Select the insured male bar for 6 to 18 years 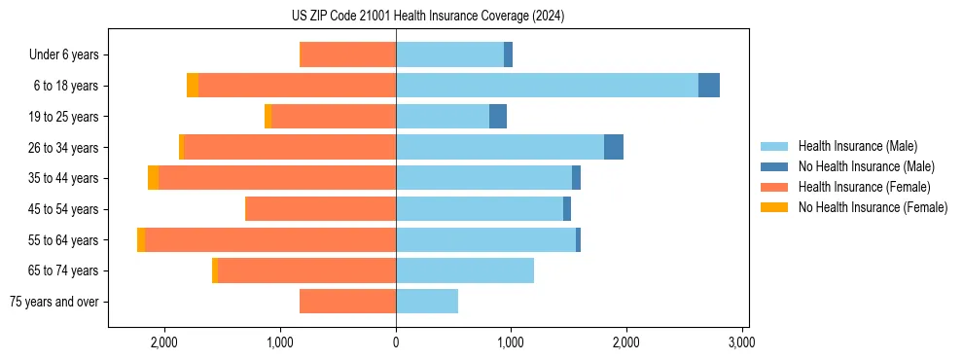tap(547, 86)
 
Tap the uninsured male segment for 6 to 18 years tap(709, 86)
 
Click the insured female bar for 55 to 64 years tap(270, 239)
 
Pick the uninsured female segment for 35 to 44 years tap(153, 178)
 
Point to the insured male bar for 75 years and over tap(427, 302)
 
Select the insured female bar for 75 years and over tap(347, 302)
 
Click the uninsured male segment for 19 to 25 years tap(498, 117)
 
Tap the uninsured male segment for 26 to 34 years tap(614, 147)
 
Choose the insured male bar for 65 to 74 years tap(465, 270)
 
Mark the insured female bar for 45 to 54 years tap(320, 209)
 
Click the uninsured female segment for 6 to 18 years tap(193, 86)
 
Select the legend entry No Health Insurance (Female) tap(873, 207)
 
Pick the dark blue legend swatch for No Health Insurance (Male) tap(775, 166)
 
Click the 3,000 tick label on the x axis tap(742, 343)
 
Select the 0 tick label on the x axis tap(396, 343)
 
